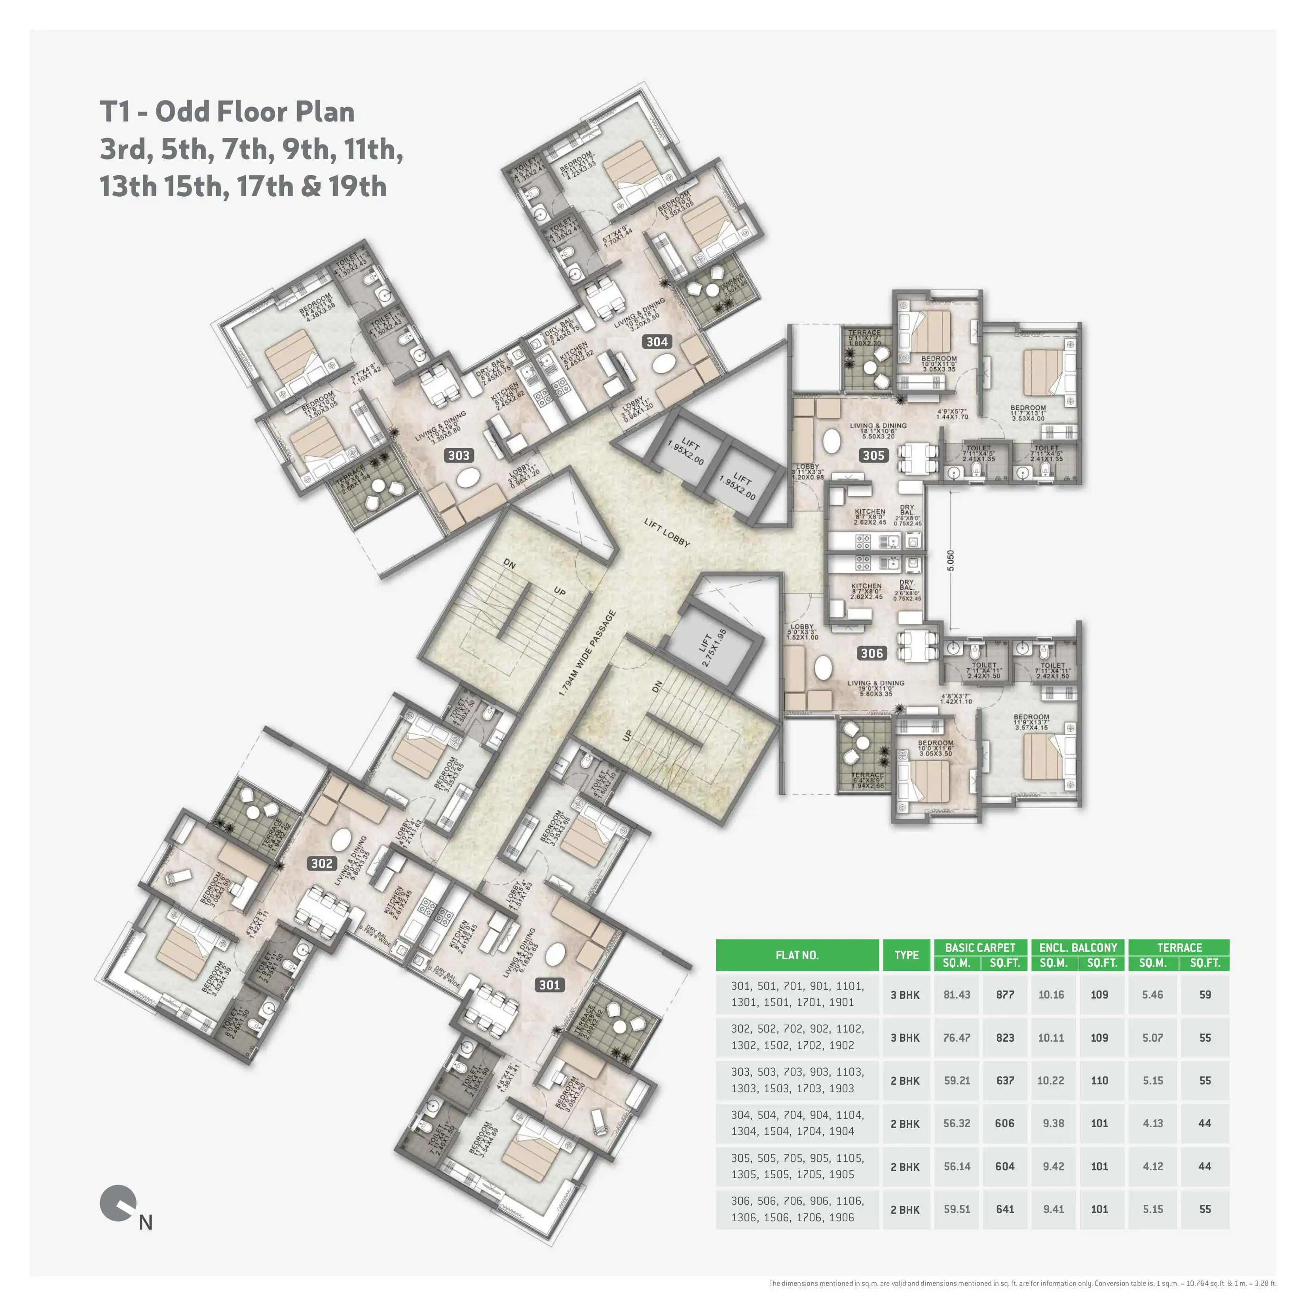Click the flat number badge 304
click(657, 342)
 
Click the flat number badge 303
click(458, 456)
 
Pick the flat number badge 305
click(873, 456)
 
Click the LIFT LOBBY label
click(666, 533)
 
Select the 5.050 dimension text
click(951, 560)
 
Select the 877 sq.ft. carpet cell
click(1004, 995)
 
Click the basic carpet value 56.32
click(957, 1124)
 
